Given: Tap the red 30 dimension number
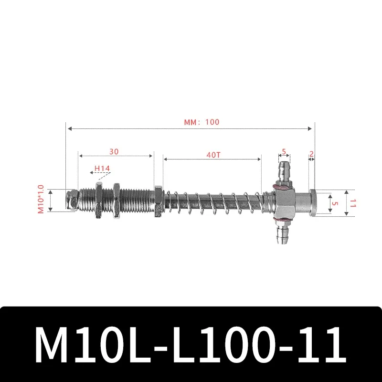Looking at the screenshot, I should coord(114,151).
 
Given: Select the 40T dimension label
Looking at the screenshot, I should coord(213,155).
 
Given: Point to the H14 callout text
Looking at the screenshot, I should coord(102,168).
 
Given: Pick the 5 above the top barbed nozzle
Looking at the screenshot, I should coord(284,151).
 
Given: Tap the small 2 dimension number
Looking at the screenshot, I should coord(311,154).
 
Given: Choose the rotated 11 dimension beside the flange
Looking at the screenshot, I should coord(352,202).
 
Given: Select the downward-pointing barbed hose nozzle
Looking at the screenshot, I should coord(281,233).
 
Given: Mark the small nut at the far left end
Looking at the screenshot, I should coord(72,201).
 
